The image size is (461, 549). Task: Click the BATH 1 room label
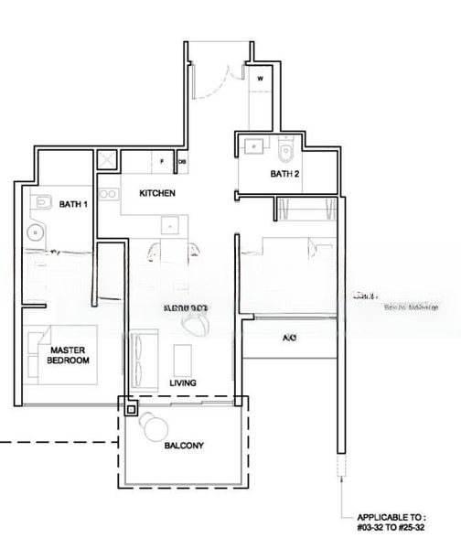coord(73,204)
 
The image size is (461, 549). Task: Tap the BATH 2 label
coord(284,173)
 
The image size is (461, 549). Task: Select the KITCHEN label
coord(157,194)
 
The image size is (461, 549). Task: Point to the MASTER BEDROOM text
coord(69,355)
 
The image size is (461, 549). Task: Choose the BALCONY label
coord(184,446)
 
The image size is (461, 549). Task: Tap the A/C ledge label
coord(289,338)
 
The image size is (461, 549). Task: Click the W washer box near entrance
coord(261,80)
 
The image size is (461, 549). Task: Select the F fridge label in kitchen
coord(162,162)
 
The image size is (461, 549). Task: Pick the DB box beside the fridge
coord(182,162)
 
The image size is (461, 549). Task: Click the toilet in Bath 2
coord(286,148)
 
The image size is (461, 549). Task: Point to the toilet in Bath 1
coord(40,203)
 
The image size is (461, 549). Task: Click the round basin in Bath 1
coord(38,231)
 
